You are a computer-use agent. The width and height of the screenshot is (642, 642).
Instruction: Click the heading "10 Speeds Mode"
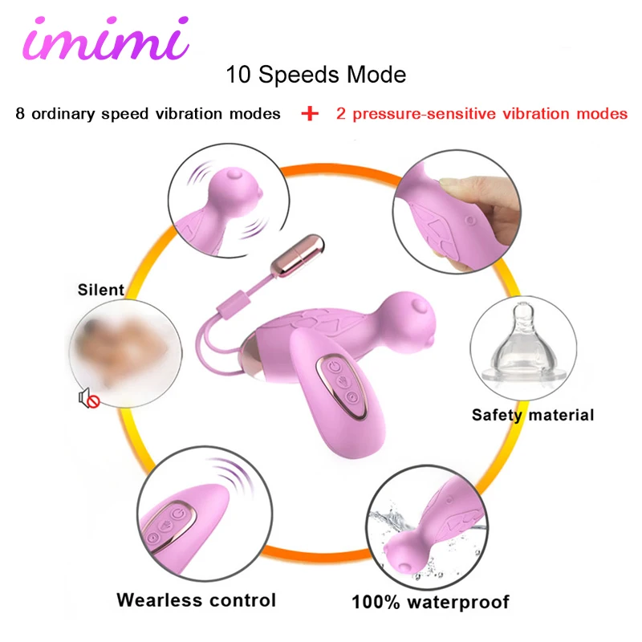coord(316,75)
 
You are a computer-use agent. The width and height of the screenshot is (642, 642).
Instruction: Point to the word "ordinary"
coord(70,114)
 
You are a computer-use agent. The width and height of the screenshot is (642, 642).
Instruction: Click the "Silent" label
coord(101,290)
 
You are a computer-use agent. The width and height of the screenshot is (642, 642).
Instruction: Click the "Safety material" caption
coord(533,415)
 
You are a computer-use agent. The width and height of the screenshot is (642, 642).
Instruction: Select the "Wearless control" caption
coord(196,599)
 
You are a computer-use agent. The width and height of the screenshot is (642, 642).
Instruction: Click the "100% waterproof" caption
coord(431,601)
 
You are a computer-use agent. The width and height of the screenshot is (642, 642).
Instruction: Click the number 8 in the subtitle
coord(19,114)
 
